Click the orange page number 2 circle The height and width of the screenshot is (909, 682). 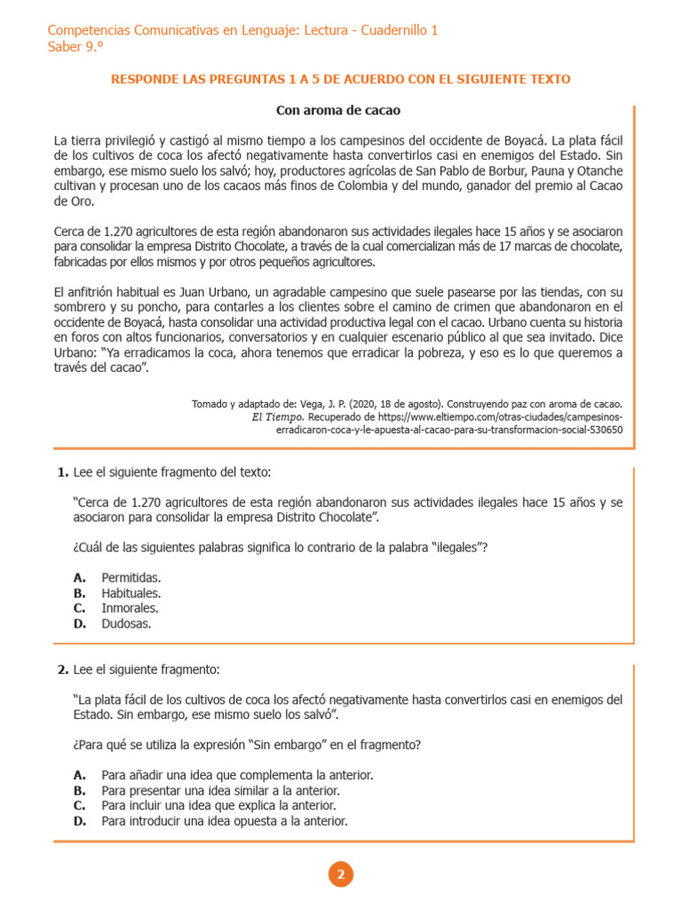coord(341,874)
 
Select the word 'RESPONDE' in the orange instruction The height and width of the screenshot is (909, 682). coord(140,79)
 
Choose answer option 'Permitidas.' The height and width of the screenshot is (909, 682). coord(131,577)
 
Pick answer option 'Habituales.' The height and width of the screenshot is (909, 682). coord(131,592)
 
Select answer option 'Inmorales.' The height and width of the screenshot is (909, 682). coord(130,608)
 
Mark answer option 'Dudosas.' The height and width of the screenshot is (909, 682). coord(126,623)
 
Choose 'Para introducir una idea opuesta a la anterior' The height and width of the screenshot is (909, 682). coord(224,821)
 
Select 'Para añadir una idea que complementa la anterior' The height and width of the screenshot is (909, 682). coord(236,774)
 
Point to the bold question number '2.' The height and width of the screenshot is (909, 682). coord(62,668)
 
